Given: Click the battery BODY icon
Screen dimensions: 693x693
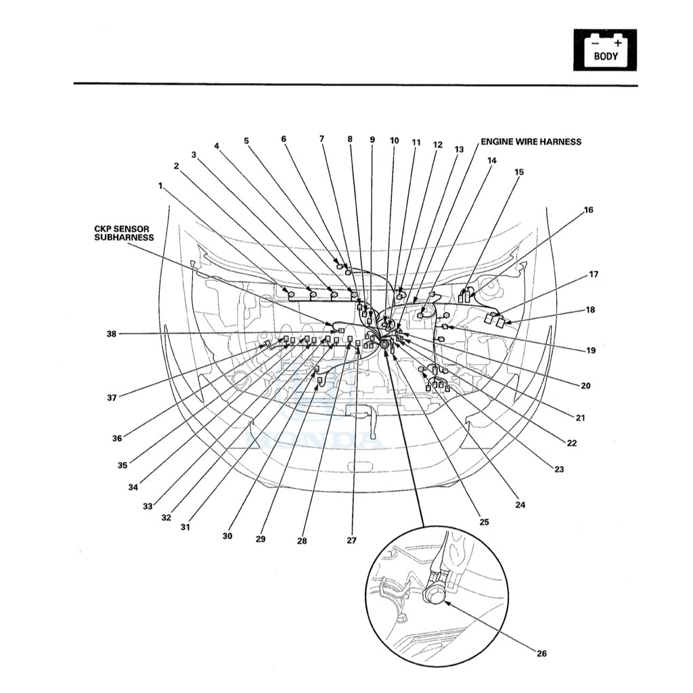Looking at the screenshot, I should pos(605,49).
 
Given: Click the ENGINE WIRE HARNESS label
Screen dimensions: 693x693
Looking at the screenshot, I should pos(531,142).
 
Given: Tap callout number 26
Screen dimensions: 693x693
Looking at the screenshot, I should pos(541,653).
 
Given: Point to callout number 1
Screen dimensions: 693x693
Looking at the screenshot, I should pos(160,185).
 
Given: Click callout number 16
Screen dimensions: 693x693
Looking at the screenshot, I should pos(588,210).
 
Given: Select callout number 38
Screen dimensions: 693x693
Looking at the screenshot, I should pos(111,334).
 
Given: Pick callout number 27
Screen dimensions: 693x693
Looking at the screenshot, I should pos(351,541).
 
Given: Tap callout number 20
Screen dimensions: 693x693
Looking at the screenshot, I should pos(585,386).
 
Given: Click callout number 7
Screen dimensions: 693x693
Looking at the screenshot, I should pos(321,139).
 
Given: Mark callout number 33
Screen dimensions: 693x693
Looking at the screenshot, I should pos(147,506).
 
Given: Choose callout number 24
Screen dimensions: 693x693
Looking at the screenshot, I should pos(520,504).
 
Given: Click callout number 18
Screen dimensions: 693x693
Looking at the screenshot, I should pos(590,310).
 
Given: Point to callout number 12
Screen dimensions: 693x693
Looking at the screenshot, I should pos(437,145).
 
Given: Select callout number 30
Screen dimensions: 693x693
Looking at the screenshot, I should pos(227,536).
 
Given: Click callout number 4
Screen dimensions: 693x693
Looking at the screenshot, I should pos(217,146).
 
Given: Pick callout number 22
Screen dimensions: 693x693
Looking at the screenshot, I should pos(571,443).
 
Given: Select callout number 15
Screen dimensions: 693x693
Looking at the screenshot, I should pos(518,172).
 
